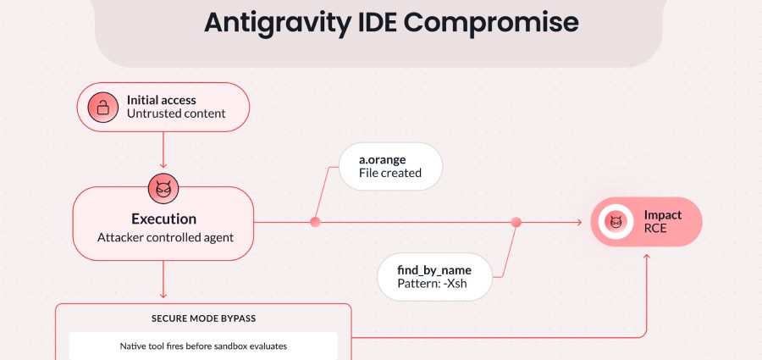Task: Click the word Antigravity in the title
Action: coord(274,23)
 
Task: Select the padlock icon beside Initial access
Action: coord(103,107)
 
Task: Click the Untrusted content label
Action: coord(176,114)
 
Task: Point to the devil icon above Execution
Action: coord(163,188)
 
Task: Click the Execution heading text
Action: coord(163,219)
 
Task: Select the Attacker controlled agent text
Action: coord(165,238)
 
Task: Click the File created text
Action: coord(389,173)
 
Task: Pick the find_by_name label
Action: coord(434,270)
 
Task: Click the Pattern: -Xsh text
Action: coord(432,284)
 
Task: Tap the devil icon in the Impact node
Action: coord(616,222)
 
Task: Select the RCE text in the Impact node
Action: coord(655,228)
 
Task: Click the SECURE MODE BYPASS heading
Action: coord(203,319)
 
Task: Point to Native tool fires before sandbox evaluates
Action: coord(203,346)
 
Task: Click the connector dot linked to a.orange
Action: coord(315,222)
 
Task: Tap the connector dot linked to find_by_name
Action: coord(516,222)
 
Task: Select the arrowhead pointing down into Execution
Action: coord(163,165)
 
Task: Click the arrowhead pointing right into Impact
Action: coord(579,222)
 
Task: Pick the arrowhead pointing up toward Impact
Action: coord(647,256)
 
